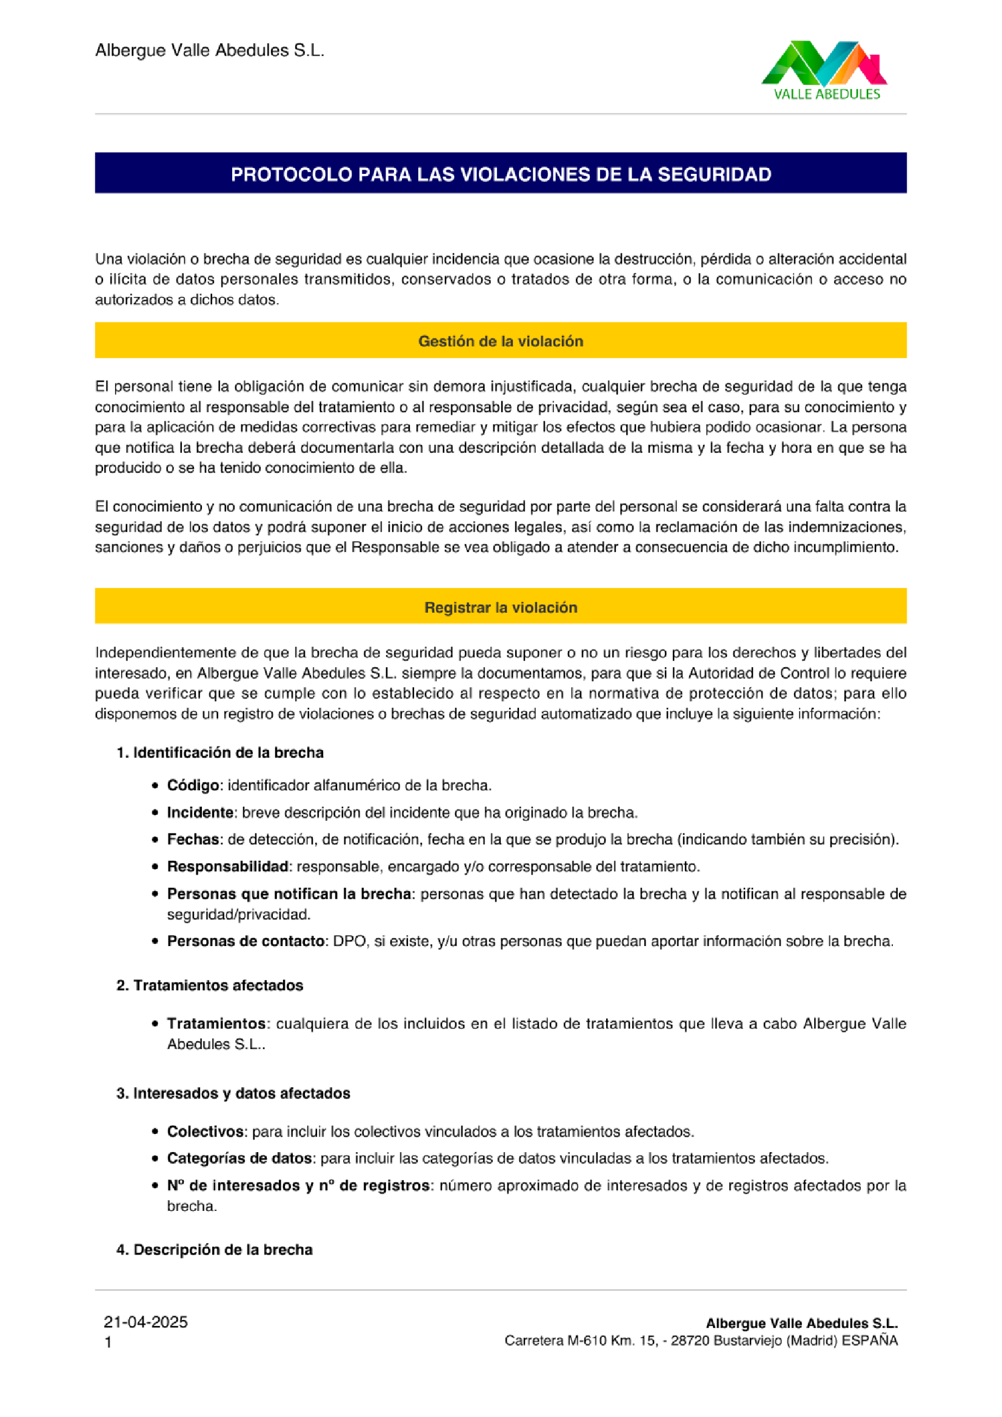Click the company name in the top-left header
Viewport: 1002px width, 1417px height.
coord(209,51)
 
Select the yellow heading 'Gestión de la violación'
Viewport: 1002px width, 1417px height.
coord(500,341)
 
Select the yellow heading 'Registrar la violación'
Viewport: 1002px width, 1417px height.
coord(500,607)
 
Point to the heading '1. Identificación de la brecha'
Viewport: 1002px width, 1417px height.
coord(220,752)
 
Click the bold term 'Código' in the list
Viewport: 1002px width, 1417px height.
coord(193,785)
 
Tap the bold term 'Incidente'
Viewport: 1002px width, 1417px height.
coord(200,813)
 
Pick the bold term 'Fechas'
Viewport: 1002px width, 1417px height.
coord(193,839)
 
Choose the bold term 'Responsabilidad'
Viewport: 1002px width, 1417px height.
coord(227,867)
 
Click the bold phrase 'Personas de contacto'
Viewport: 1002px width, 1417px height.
coord(245,941)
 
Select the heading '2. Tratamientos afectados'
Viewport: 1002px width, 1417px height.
coord(210,985)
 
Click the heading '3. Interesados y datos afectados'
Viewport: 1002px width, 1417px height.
coord(233,1093)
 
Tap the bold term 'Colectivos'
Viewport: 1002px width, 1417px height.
coord(205,1132)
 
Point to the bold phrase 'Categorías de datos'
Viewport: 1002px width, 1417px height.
coord(239,1158)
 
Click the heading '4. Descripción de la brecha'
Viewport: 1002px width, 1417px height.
coord(214,1250)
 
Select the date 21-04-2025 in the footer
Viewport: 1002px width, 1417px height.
coord(145,1322)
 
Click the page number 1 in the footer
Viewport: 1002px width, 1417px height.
coord(109,1342)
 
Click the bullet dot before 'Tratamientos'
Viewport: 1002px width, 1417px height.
coord(156,1024)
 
